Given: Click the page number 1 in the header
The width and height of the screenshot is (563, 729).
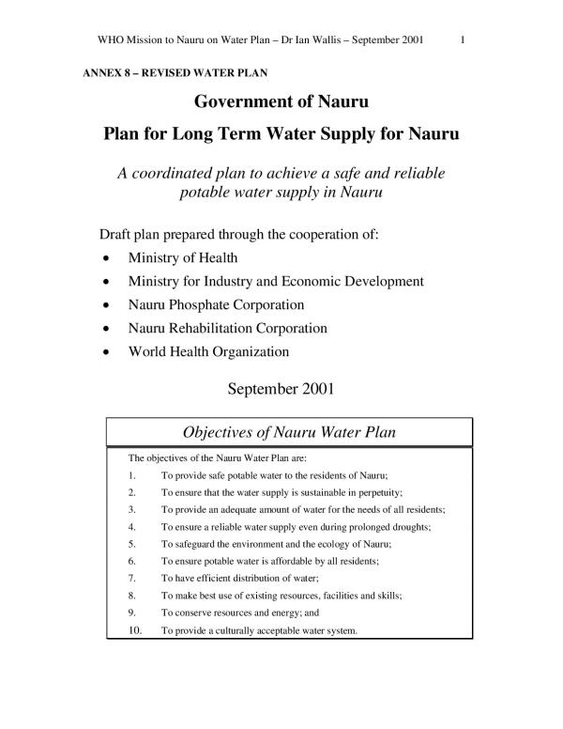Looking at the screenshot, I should [465, 40].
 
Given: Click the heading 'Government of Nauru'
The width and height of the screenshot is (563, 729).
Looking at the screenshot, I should [281, 102].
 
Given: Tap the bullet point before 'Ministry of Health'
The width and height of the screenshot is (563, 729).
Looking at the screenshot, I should [113, 258].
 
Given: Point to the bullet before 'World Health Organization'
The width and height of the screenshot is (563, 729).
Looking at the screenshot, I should [113, 353].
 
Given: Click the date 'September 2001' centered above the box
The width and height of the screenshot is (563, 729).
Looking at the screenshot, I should [281, 386].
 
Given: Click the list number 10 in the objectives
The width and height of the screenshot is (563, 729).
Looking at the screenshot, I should [134, 629].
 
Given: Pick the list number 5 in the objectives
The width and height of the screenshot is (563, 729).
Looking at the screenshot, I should [131, 543].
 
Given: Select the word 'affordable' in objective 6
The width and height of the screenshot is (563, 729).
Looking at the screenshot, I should [300, 561].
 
